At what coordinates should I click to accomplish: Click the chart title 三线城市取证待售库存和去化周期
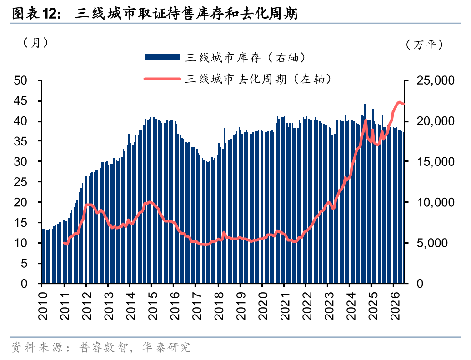(x=186, y=14)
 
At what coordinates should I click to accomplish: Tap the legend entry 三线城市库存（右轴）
(x=246, y=57)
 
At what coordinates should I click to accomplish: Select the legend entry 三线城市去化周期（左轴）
(x=258, y=79)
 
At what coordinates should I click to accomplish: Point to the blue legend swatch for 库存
(x=162, y=57)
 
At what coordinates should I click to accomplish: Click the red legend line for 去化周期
(x=162, y=79)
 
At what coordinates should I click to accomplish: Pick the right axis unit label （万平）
(x=424, y=45)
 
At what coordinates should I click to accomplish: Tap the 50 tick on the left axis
(x=20, y=80)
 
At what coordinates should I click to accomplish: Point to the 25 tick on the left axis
(x=20, y=182)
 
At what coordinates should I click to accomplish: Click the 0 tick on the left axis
(x=24, y=284)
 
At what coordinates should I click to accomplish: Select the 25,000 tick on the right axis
(x=435, y=80)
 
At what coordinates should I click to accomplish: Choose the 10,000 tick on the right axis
(x=435, y=202)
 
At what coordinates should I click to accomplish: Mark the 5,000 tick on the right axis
(x=432, y=243)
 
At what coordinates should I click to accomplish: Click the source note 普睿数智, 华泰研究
(x=135, y=347)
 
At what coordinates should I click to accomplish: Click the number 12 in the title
(x=49, y=14)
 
